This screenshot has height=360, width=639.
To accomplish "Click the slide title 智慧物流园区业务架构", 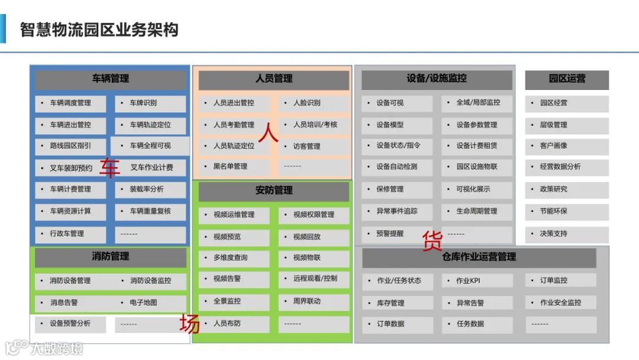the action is pyautogui.click(x=99, y=30).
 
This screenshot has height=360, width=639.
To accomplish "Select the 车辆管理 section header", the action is pyautogui.click(x=110, y=79).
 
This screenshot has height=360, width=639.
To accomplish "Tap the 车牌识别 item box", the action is pyautogui.click(x=150, y=103).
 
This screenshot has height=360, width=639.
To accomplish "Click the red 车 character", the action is pyautogui.click(x=109, y=168).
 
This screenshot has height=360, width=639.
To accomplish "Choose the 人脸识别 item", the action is pyautogui.click(x=314, y=103).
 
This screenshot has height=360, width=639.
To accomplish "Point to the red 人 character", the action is pyautogui.click(x=268, y=131).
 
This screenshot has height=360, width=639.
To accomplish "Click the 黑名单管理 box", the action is pyautogui.click(x=234, y=167).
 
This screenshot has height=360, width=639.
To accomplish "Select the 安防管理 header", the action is pyautogui.click(x=273, y=191).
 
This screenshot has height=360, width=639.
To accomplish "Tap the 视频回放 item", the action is pyautogui.click(x=314, y=237).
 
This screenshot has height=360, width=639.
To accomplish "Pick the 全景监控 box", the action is pyautogui.click(x=234, y=301).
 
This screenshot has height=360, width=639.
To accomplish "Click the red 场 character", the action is pyautogui.click(x=189, y=324).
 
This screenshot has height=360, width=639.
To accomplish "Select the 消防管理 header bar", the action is pyautogui.click(x=110, y=257).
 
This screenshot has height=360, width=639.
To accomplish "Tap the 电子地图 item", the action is pyautogui.click(x=150, y=303).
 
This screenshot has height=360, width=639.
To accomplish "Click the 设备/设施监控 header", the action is pyautogui.click(x=437, y=79).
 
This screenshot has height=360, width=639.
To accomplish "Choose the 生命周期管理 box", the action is pyautogui.click(x=477, y=211).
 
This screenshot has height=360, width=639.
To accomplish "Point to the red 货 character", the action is pyautogui.click(x=432, y=241).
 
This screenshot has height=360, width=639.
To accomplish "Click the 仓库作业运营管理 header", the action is pyautogui.click(x=479, y=257).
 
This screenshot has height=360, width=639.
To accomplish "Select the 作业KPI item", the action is pyautogui.click(x=477, y=281).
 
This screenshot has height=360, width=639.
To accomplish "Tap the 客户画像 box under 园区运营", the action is pyautogui.click(x=566, y=146).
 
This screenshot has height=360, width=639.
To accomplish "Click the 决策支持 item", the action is pyautogui.click(x=566, y=234).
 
